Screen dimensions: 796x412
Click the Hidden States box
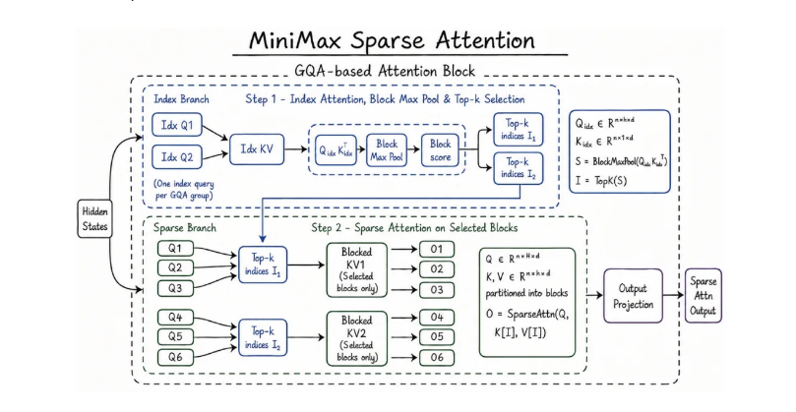pos(94,218)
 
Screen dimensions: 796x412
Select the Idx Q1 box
pos(177,125)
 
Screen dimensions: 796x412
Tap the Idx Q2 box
pos(177,156)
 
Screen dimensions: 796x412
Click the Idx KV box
pos(257,149)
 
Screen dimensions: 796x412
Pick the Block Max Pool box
pos(387,150)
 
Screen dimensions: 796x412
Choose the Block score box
pos(440,150)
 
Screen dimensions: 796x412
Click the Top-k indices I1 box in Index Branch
pos(519,130)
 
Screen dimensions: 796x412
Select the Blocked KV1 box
pos(356,270)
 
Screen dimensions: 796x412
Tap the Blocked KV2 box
pos(356,338)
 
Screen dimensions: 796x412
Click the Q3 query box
pos(175,288)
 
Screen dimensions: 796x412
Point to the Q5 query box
pos(175,336)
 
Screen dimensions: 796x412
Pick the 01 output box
pos(437,249)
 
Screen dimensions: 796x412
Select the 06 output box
pos(437,357)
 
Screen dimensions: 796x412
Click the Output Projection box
pos(633,296)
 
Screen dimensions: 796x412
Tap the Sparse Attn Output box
pos(703,296)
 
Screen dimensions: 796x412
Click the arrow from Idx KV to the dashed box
pos(296,149)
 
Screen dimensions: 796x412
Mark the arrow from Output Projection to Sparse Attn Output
pos(673,295)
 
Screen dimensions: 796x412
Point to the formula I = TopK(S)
pos(601,180)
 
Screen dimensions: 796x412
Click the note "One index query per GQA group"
pos(184,189)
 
